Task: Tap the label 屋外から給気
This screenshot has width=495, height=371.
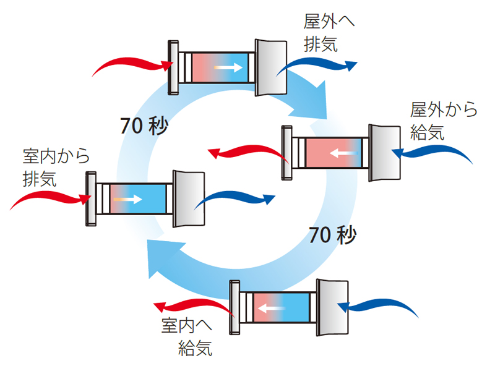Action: point(444,121)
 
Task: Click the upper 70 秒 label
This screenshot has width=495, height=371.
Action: point(144,126)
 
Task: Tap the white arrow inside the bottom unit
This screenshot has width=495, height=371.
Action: point(271,307)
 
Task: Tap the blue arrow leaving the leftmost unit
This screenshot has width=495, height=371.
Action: point(239,199)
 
